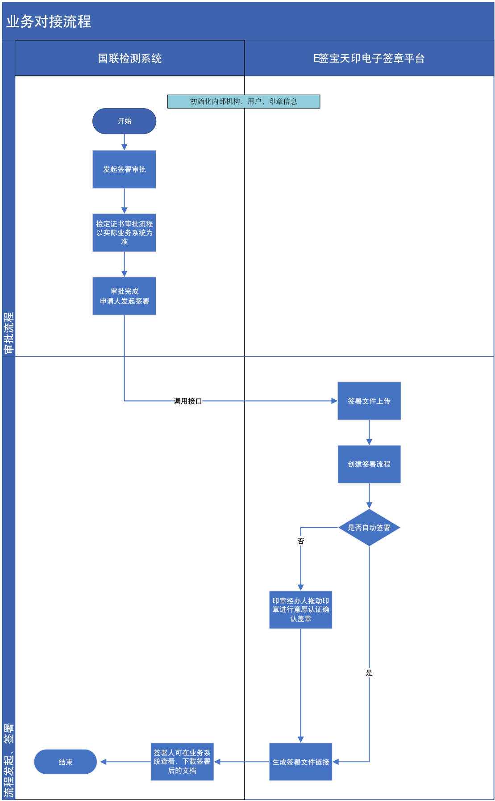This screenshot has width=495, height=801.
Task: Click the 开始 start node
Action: point(124,121)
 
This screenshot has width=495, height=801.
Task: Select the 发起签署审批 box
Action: point(124,169)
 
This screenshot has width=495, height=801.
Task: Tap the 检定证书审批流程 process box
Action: point(124,232)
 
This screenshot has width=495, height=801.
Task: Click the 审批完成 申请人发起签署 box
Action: point(124,296)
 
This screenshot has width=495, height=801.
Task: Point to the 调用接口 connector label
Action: point(188,401)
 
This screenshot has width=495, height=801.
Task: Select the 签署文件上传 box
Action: point(369,401)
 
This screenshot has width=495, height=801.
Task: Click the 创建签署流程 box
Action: point(369,464)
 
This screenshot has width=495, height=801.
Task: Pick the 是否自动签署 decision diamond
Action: point(369,528)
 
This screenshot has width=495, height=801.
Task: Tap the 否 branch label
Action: point(301,541)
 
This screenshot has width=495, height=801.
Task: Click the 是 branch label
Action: point(369,673)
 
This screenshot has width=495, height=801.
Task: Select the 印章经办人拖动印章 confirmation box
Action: point(301,610)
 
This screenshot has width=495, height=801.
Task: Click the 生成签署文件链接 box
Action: point(301,762)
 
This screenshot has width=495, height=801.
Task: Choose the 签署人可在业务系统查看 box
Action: point(182,762)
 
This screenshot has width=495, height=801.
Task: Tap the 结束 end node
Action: point(66,762)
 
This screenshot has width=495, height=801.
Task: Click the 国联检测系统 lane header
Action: point(130,58)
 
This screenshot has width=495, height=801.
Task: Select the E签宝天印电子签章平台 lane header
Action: point(369,58)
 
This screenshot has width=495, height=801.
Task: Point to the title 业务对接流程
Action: point(49,21)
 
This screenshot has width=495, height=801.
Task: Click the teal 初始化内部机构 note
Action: point(244,101)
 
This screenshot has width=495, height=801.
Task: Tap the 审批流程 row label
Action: point(9,333)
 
